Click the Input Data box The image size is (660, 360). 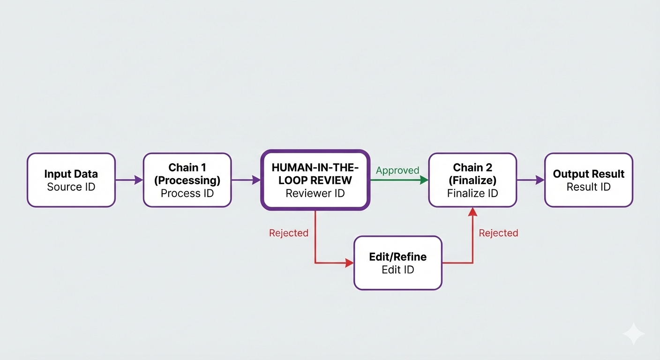click(x=71, y=180)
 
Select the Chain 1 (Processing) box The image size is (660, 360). click(x=187, y=180)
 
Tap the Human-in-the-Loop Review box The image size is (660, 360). click(x=315, y=180)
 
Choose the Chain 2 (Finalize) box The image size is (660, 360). click(x=472, y=180)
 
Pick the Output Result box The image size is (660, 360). click(x=589, y=180)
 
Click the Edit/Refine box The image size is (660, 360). click(x=398, y=263)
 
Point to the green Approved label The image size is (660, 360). click(x=397, y=171)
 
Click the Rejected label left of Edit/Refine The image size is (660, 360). click(x=289, y=233)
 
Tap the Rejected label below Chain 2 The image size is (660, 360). click(x=498, y=233)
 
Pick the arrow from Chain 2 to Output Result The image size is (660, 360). click(x=530, y=180)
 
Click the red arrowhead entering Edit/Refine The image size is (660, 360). click(x=349, y=263)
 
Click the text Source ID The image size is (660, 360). click(x=71, y=187)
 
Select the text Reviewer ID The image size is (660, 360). click(x=315, y=193)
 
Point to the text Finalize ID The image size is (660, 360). click(x=472, y=193)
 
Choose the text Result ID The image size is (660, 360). click(x=589, y=187)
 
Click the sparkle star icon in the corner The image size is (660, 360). click(x=633, y=334)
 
